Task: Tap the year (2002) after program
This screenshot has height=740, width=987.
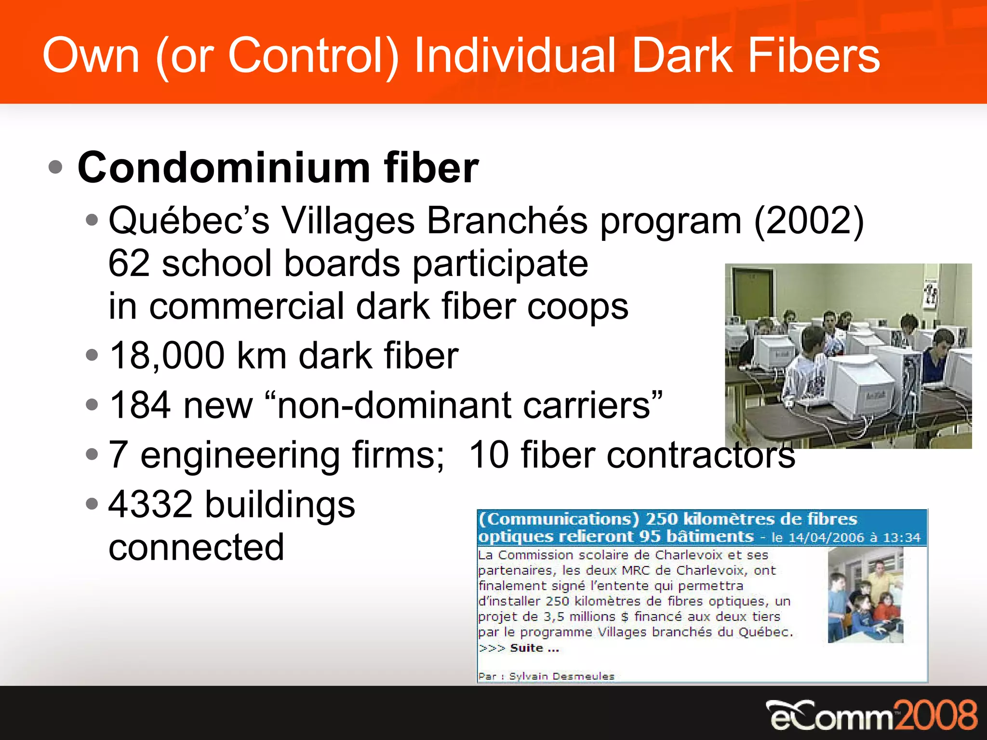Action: [809, 221]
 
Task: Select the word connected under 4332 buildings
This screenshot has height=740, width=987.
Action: [196, 547]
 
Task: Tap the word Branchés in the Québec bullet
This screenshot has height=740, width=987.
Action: [507, 221]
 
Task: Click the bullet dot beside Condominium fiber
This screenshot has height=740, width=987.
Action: [56, 168]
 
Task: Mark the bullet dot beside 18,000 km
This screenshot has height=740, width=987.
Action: [92, 356]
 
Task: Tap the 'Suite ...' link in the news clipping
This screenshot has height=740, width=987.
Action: [534, 648]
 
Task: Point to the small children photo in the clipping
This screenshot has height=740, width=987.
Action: [866, 595]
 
